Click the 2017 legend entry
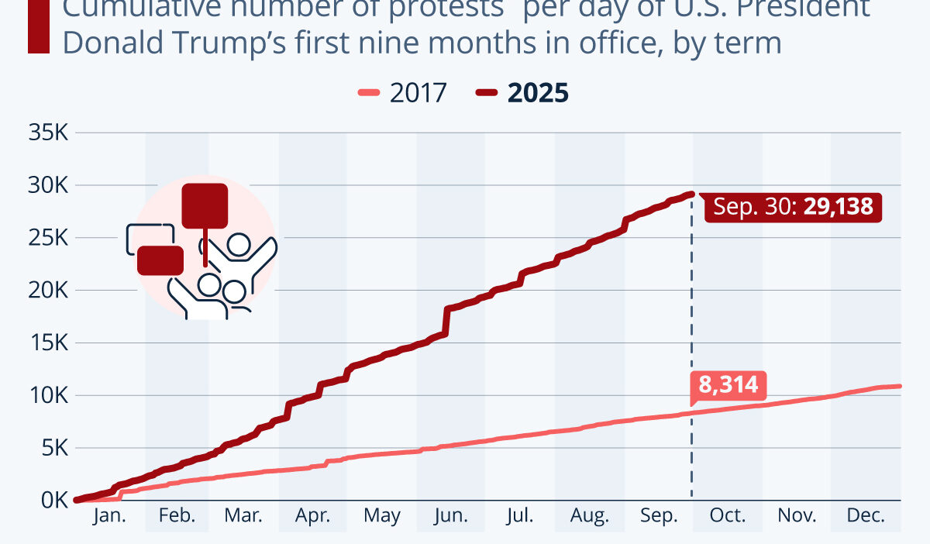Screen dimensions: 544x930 [x=403, y=93]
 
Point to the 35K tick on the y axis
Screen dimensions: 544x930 [x=49, y=133]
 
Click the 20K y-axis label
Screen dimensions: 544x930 [x=49, y=291]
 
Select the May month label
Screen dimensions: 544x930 [x=382, y=515]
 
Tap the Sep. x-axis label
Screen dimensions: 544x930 [x=658, y=515]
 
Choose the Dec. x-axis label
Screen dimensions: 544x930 [x=866, y=515]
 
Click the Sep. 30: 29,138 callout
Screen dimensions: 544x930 [x=792, y=207]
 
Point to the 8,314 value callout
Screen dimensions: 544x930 [x=728, y=385]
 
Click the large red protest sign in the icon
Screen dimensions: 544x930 [x=205, y=205]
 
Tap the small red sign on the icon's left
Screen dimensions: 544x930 [x=160, y=260]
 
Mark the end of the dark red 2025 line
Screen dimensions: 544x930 [x=691, y=195]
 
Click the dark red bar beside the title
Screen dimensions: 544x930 [x=38, y=27]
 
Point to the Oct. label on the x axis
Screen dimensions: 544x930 [x=727, y=515]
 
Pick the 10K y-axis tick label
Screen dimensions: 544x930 [x=49, y=395]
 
